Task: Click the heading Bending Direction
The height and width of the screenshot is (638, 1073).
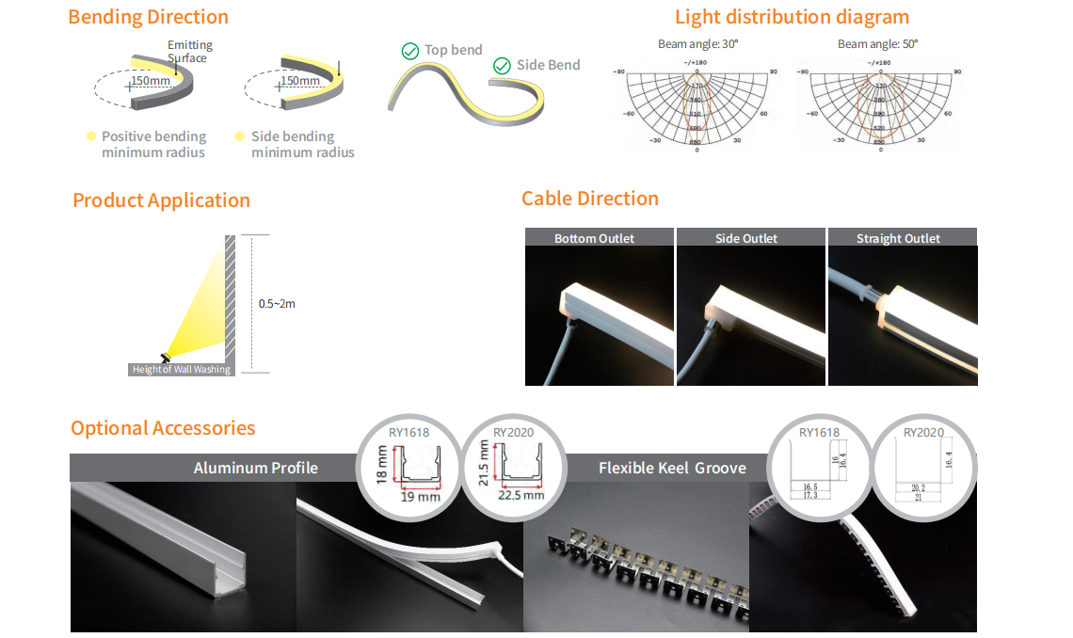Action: click(x=148, y=17)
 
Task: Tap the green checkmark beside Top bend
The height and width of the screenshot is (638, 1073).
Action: click(x=410, y=51)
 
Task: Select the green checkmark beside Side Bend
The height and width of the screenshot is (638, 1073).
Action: click(x=502, y=66)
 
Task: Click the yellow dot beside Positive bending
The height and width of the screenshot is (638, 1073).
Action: click(x=91, y=136)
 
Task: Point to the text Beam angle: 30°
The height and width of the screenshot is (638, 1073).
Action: click(x=697, y=44)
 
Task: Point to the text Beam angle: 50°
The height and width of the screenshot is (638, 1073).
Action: click(x=877, y=44)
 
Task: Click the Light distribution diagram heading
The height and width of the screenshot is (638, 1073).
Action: click(x=792, y=17)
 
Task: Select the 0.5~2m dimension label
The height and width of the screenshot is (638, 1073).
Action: click(x=277, y=304)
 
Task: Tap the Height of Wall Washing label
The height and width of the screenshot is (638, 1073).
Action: click(x=181, y=370)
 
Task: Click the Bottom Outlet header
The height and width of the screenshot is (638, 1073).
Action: click(x=594, y=238)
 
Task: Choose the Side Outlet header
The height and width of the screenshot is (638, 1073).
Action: click(x=746, y=238)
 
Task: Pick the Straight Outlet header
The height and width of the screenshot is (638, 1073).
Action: click(x=898, y=238)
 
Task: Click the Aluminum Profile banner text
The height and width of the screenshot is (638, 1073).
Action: click(x=256, y=468)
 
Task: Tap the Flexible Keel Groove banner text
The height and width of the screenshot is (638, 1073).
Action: click(x=672, y=468)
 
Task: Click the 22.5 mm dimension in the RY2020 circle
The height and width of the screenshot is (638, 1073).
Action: click(x=521, y=495)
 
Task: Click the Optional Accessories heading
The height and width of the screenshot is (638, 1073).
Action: click(x=163, y=428)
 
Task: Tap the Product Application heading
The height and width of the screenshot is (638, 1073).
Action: click(x=161, y=200)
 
